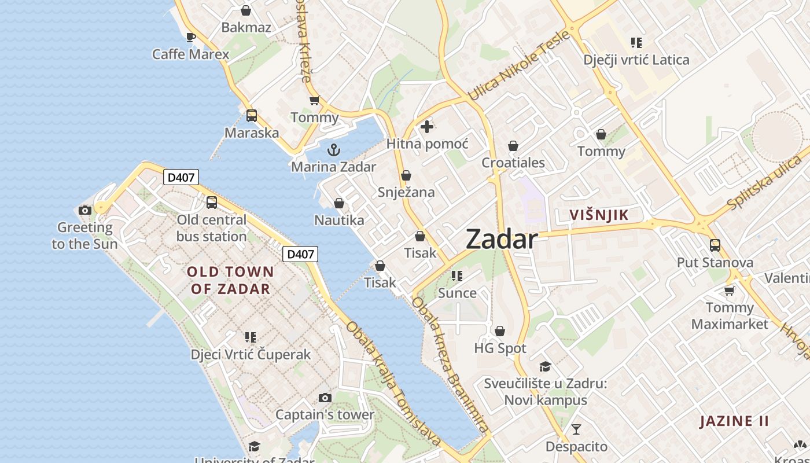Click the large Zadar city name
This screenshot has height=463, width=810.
[x=502, y=239]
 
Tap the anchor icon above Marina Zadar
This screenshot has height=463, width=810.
[x=334, y=150]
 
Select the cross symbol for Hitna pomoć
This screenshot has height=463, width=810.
[x=427, y=127]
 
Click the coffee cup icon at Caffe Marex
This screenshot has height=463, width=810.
[x=190, y=38]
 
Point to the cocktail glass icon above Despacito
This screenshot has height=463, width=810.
[x=576, y=429]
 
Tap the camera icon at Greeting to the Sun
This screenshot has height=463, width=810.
[x=85, y=210]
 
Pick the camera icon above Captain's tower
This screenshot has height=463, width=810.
[x=325, y=398]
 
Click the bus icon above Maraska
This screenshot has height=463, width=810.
[x=252, y=115]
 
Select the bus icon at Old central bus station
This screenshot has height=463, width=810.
[x=212, y=203]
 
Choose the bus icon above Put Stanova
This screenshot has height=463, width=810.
[x=715, y=245]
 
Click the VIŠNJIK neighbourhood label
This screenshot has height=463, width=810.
[x=599, y=215]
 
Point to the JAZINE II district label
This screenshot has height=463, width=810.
[x=735, y=421]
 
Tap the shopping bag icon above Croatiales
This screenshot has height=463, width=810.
[x=513, y=146]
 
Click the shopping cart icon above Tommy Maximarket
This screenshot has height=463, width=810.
[x=730, y=291]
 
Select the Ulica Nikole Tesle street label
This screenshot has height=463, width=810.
[x=518, y=65]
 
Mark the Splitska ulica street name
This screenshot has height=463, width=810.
[x=765, y=184]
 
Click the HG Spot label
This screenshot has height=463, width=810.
[x=500, y=348]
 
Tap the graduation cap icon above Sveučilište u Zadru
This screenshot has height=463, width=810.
[x=545, y=366]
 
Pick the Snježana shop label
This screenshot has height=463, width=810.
[x=406, y=192]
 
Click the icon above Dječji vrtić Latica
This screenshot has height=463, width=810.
[x=636, y=43]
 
